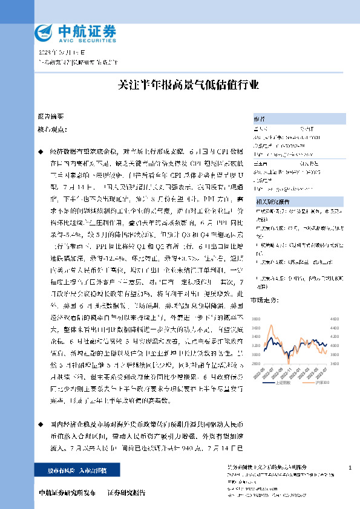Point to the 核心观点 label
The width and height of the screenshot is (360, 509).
point(50,129)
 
